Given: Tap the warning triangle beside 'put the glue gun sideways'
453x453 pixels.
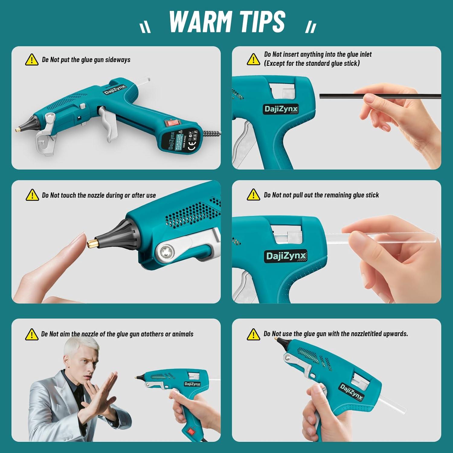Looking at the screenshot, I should tap(31, 60).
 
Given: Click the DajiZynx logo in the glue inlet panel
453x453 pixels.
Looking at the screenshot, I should tap(281, 109).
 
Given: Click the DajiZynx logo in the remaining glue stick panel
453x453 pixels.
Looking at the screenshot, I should tap(286, 256).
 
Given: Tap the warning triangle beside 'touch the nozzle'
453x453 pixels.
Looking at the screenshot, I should tap(32, 195).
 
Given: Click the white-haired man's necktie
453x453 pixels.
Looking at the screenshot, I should tap(78, 399).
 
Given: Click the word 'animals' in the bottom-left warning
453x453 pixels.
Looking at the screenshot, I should tap(183, 334).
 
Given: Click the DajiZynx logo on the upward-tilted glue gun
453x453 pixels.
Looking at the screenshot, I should tap(351, 391).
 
